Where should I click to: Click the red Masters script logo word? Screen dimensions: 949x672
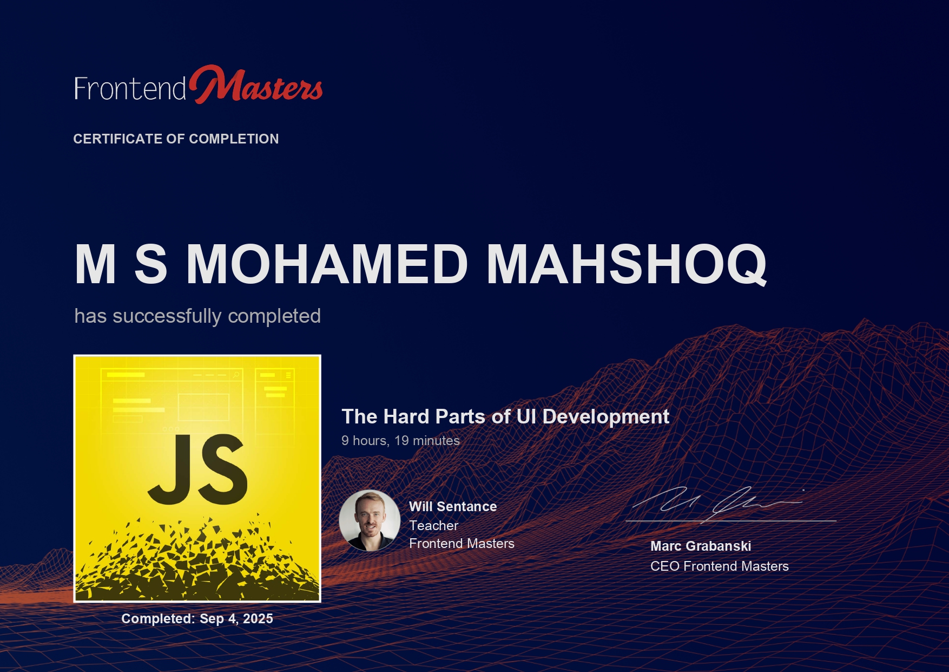point(256,85)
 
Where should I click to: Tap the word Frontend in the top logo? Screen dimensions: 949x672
point(130,88)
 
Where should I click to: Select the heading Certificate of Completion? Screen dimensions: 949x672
point(176,139)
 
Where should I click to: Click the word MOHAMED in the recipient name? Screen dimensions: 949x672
point(327,264)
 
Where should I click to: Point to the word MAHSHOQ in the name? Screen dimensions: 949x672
point(627,264)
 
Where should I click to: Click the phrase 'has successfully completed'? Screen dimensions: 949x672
point(197,316)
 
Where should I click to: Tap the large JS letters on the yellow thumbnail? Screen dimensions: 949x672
point(197,469)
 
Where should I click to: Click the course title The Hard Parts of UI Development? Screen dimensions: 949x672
point(505,416)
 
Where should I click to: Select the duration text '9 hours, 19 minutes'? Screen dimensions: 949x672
point(400,441)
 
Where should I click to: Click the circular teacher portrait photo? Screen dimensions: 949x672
point(370,520)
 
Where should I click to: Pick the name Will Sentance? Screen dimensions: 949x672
point(453,506)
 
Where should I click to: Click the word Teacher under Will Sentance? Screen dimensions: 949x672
point(433,525)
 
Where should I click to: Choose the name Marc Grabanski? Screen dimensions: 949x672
point(701,546)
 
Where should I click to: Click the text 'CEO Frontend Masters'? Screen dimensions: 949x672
point(720,566)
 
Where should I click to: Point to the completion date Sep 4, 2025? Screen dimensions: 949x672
point(236,619)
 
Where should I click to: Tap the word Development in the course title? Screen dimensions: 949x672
point(606,416)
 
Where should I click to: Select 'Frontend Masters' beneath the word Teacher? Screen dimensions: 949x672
point(462,543)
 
